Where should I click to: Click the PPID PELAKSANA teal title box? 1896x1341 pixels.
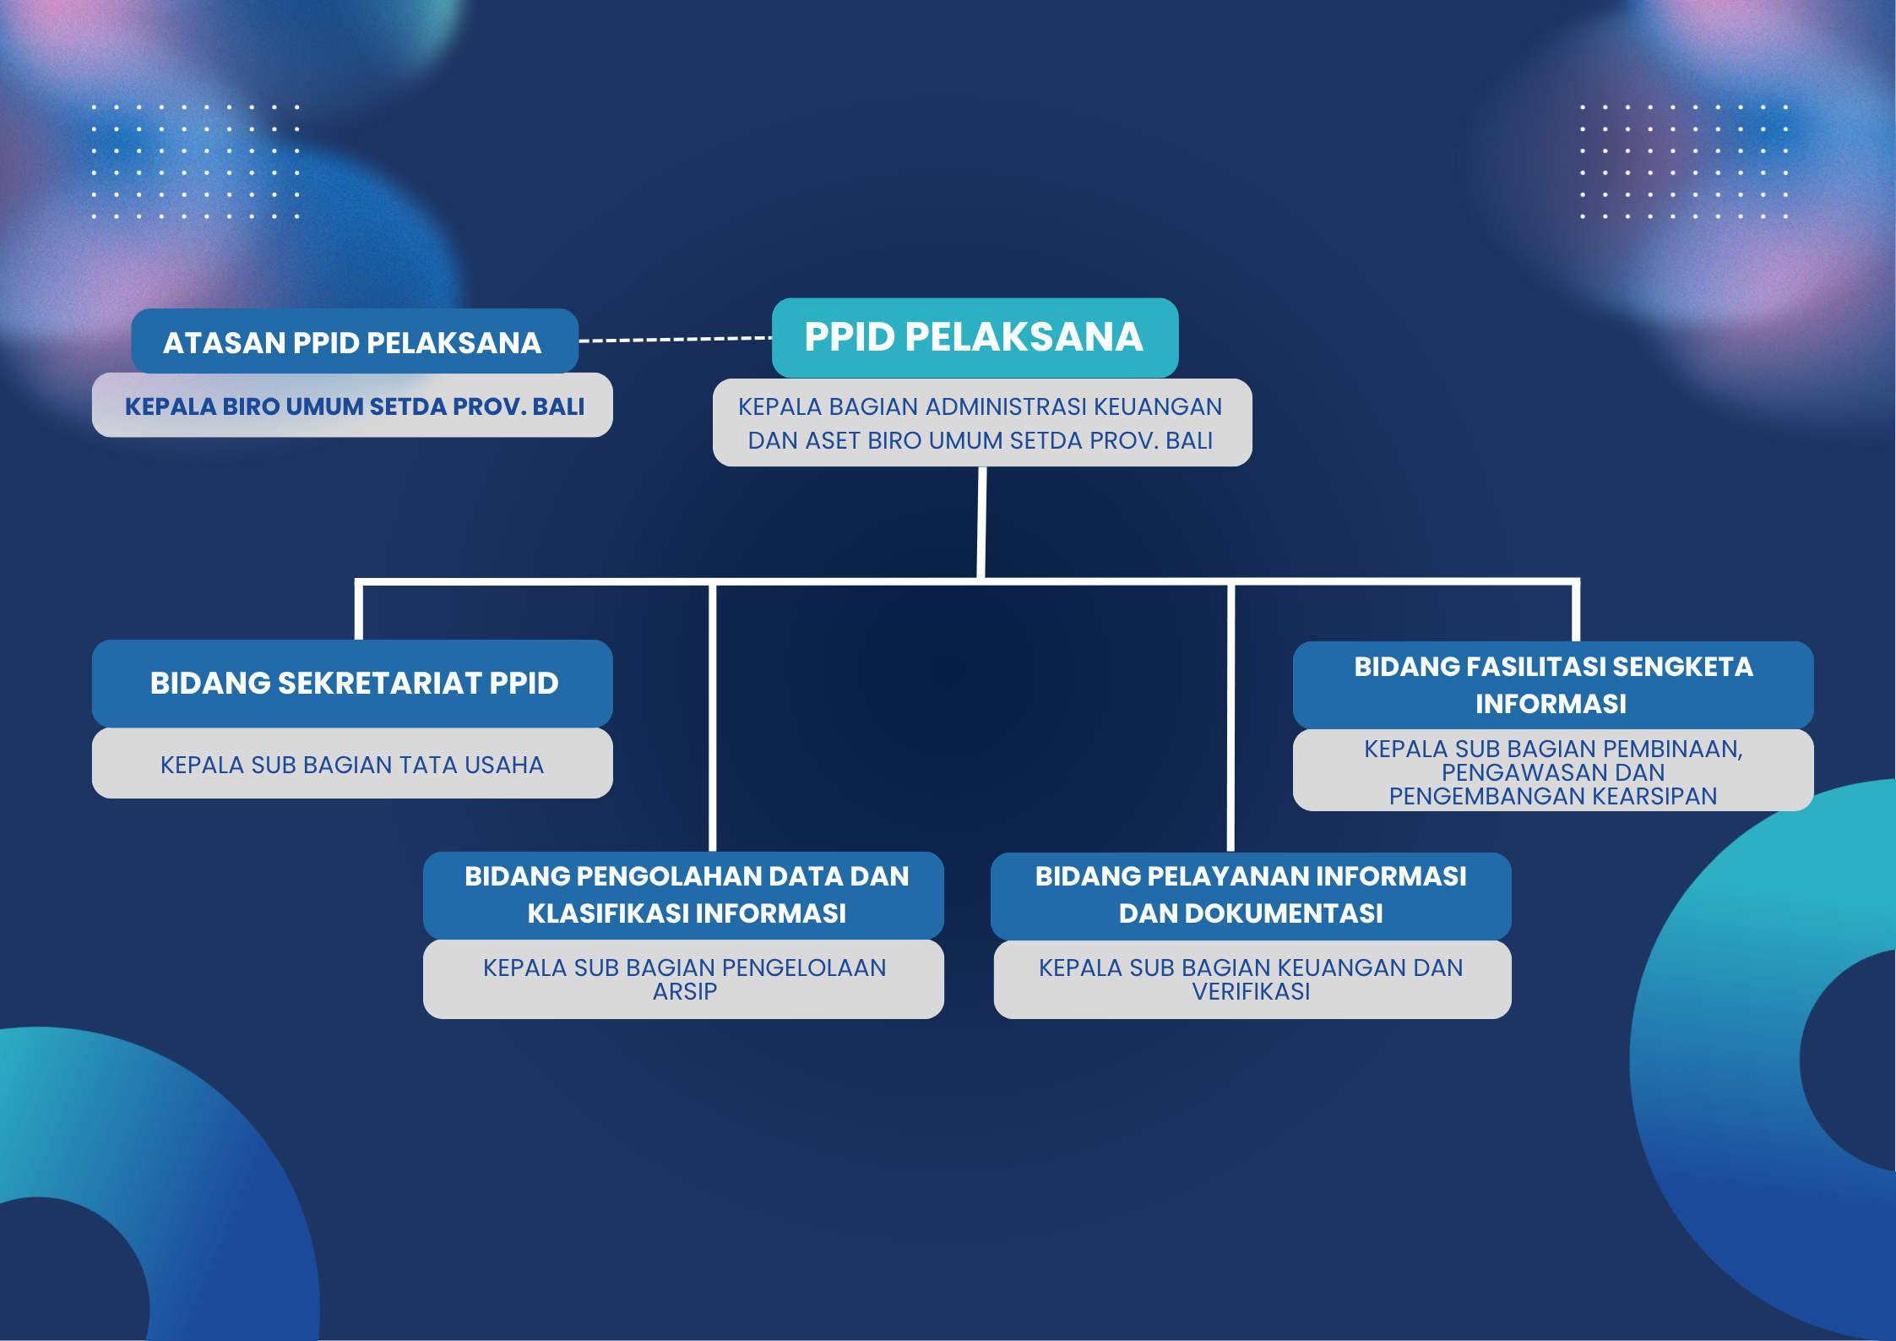point(975,337)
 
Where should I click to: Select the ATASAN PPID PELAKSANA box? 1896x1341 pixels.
point(355,341)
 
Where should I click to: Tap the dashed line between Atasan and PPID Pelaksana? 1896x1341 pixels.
point(676,340)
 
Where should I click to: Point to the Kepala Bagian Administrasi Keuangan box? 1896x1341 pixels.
point(982,422)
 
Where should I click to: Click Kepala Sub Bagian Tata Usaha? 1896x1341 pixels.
point(352,764)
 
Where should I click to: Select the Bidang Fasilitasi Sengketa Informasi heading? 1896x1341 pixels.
point(1553,684)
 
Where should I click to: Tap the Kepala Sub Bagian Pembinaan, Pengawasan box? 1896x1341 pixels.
point(1553,771)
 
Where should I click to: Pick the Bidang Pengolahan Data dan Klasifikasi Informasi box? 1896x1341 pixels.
point(683,895)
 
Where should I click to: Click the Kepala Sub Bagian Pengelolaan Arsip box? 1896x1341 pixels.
point(683,979)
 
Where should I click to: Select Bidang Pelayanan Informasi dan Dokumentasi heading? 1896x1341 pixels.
point(1251,895)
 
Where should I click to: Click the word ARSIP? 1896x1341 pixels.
point(685,991)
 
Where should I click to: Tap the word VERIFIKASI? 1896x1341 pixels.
point(1251,991)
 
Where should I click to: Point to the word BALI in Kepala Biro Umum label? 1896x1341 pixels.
point(558,406)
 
